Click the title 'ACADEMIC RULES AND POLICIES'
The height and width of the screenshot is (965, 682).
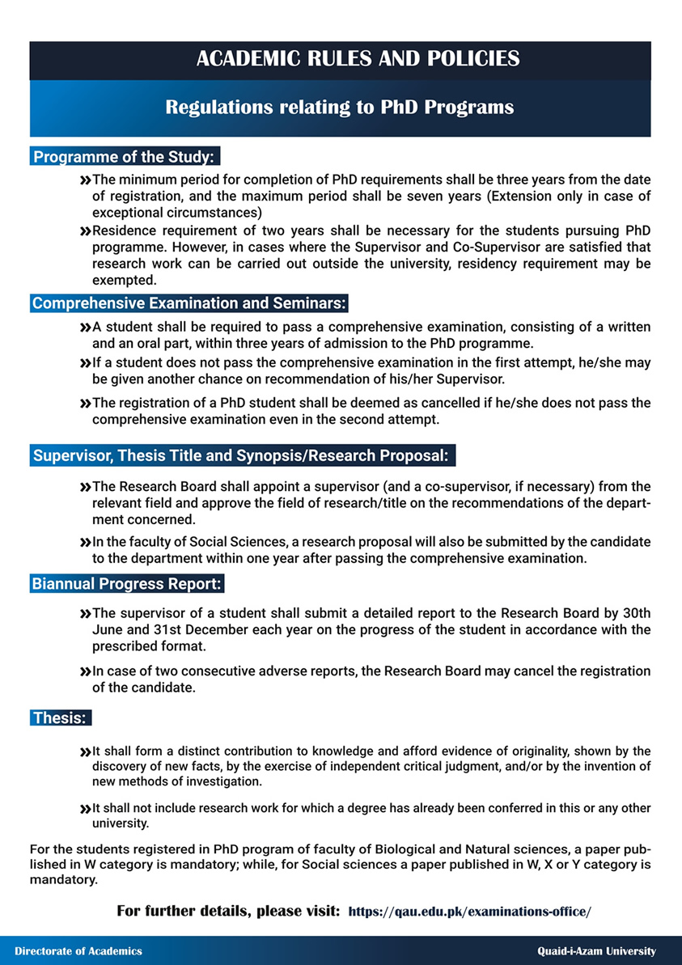357,58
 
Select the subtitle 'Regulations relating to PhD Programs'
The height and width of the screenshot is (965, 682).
340,107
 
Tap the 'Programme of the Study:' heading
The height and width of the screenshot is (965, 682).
124,156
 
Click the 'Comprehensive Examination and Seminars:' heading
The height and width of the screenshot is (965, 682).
189,303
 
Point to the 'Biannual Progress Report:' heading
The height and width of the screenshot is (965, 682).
127,583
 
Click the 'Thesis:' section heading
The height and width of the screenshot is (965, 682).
59,717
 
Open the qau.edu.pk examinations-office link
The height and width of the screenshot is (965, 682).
469,912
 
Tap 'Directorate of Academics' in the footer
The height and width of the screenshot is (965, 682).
78,951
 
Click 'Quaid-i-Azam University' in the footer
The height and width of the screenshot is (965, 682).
597,951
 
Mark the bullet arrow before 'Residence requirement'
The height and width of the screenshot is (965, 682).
85,231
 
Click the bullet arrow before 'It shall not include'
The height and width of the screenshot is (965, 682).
85,809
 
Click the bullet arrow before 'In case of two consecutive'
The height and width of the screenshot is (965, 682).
85,671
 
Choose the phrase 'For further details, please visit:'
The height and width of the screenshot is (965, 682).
228,912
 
